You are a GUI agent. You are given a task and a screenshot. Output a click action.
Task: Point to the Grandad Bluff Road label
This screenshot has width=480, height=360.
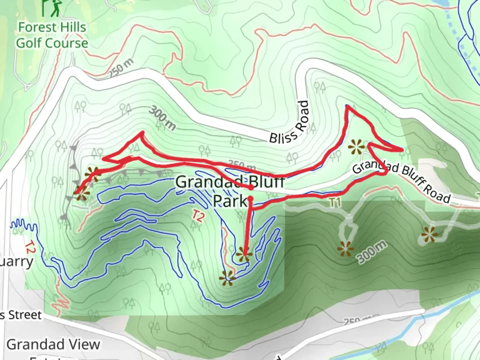click(401, 181)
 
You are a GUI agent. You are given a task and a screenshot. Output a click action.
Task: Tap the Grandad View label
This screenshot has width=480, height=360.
click(53, 344)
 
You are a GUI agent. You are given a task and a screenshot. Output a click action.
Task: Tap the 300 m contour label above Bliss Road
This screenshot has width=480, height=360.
click(162, 118)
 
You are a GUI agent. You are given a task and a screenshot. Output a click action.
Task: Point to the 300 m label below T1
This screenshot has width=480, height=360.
click(373, 252)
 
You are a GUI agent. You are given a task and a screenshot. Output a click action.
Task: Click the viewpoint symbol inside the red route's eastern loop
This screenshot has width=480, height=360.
click(356, 147)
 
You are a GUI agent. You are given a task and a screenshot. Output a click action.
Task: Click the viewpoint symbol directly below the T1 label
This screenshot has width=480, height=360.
click(345, 249)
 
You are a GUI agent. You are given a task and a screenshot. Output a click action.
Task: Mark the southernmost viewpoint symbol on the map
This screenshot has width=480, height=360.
click(228, 278)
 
